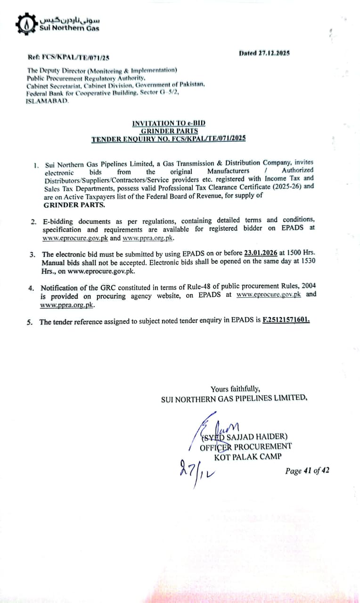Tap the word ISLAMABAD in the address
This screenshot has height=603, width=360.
coord(47,101)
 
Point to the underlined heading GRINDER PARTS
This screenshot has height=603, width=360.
coord(169,131)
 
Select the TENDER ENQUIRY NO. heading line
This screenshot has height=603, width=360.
coord(168,139)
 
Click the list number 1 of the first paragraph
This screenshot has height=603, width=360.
coord(36,165)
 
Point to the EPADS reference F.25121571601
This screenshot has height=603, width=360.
coord(286,320)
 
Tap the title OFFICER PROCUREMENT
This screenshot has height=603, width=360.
coord(245,447)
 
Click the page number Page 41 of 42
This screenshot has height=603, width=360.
coord(307,471)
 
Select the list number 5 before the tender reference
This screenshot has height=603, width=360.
coord(29,322)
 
